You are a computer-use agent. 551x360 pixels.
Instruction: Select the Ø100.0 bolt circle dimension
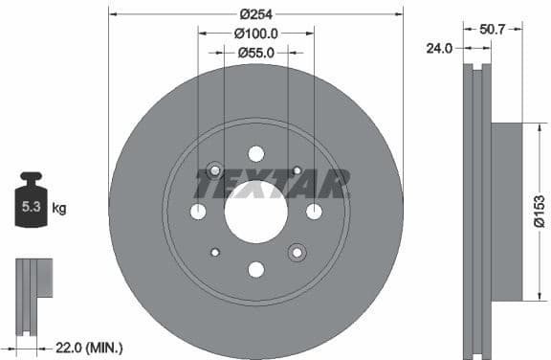[x=255, y=34]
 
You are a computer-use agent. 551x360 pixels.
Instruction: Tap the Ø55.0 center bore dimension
[x=255, y=53]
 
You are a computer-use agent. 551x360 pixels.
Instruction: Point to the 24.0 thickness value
[x=441, y=46]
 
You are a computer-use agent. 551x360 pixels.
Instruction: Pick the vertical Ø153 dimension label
[x=540, y=212]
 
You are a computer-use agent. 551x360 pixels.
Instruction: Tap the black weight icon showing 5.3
[x=32, y=202]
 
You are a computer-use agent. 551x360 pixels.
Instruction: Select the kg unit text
[x=59, y=207]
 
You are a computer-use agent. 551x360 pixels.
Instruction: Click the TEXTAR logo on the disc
[x=272, y=182]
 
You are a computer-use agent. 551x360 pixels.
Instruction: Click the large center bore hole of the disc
[x=255, y=211]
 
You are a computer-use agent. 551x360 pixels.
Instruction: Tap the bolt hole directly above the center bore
[x=255, y=153]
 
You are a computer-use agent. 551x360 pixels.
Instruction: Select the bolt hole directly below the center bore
[x=255, y=269]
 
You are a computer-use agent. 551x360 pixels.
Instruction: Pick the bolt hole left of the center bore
[x=198, y=212]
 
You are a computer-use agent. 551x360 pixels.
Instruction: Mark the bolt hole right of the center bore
[x=314, y=212]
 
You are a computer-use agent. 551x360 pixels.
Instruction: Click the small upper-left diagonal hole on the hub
[x=214, y=170]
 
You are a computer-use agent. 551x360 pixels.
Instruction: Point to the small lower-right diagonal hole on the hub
[x=297, y=252]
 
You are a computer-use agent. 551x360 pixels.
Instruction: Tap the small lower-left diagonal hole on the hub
[x=214, y=252]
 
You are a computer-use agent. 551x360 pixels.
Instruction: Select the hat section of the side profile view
[x=507, y=212]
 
